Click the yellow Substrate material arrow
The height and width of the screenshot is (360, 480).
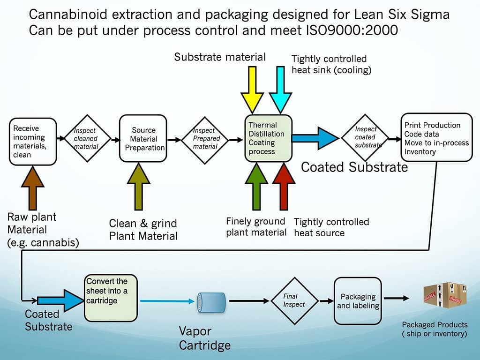(252, 90)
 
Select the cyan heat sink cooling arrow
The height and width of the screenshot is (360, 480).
(280, 90)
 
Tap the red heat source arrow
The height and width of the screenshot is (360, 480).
(284, 187)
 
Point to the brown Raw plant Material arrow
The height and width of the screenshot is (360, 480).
(33, 188)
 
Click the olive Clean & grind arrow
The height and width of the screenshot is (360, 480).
(138, 187)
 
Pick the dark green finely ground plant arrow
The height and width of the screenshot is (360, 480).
(256, 187)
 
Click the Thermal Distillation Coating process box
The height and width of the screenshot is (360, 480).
(269, 138)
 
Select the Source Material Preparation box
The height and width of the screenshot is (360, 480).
(143, 138)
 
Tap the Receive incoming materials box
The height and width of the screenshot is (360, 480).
(33, 142)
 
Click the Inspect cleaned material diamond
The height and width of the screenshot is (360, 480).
(87, 138)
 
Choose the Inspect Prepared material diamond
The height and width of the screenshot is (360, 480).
(205, 140)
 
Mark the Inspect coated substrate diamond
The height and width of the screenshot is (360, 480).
(365, 138)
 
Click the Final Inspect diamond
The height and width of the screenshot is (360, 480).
(294, 301)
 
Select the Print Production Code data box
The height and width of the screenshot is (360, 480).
(437, 137)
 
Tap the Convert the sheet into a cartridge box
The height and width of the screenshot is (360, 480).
(111, 298)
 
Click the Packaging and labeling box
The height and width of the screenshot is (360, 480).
(358, 301)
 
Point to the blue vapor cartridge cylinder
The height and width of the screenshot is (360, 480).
(211, 302)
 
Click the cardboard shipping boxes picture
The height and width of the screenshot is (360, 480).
(445, 295)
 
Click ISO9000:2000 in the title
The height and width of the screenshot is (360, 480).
(352, 30)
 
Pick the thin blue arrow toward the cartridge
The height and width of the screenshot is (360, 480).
(167, 301)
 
